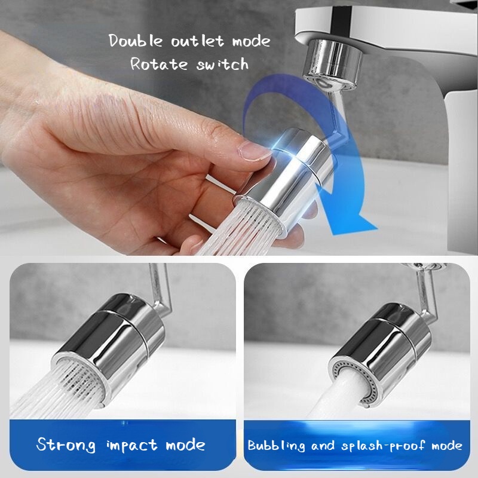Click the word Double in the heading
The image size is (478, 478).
coord(136,41)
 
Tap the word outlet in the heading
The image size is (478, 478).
coord(198,41)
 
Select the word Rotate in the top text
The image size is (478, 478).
coord(159,64)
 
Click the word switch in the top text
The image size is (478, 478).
coord(222,64)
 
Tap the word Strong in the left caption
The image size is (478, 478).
coord(66,445)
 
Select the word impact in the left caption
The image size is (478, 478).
coord(131,446)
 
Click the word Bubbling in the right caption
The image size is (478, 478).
coord(276,446)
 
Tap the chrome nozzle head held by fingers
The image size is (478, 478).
coord(285,180)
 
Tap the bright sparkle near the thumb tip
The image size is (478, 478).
coord(276,147)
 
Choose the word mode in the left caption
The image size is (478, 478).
coord(186,446)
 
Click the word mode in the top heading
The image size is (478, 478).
coord(251,41)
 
